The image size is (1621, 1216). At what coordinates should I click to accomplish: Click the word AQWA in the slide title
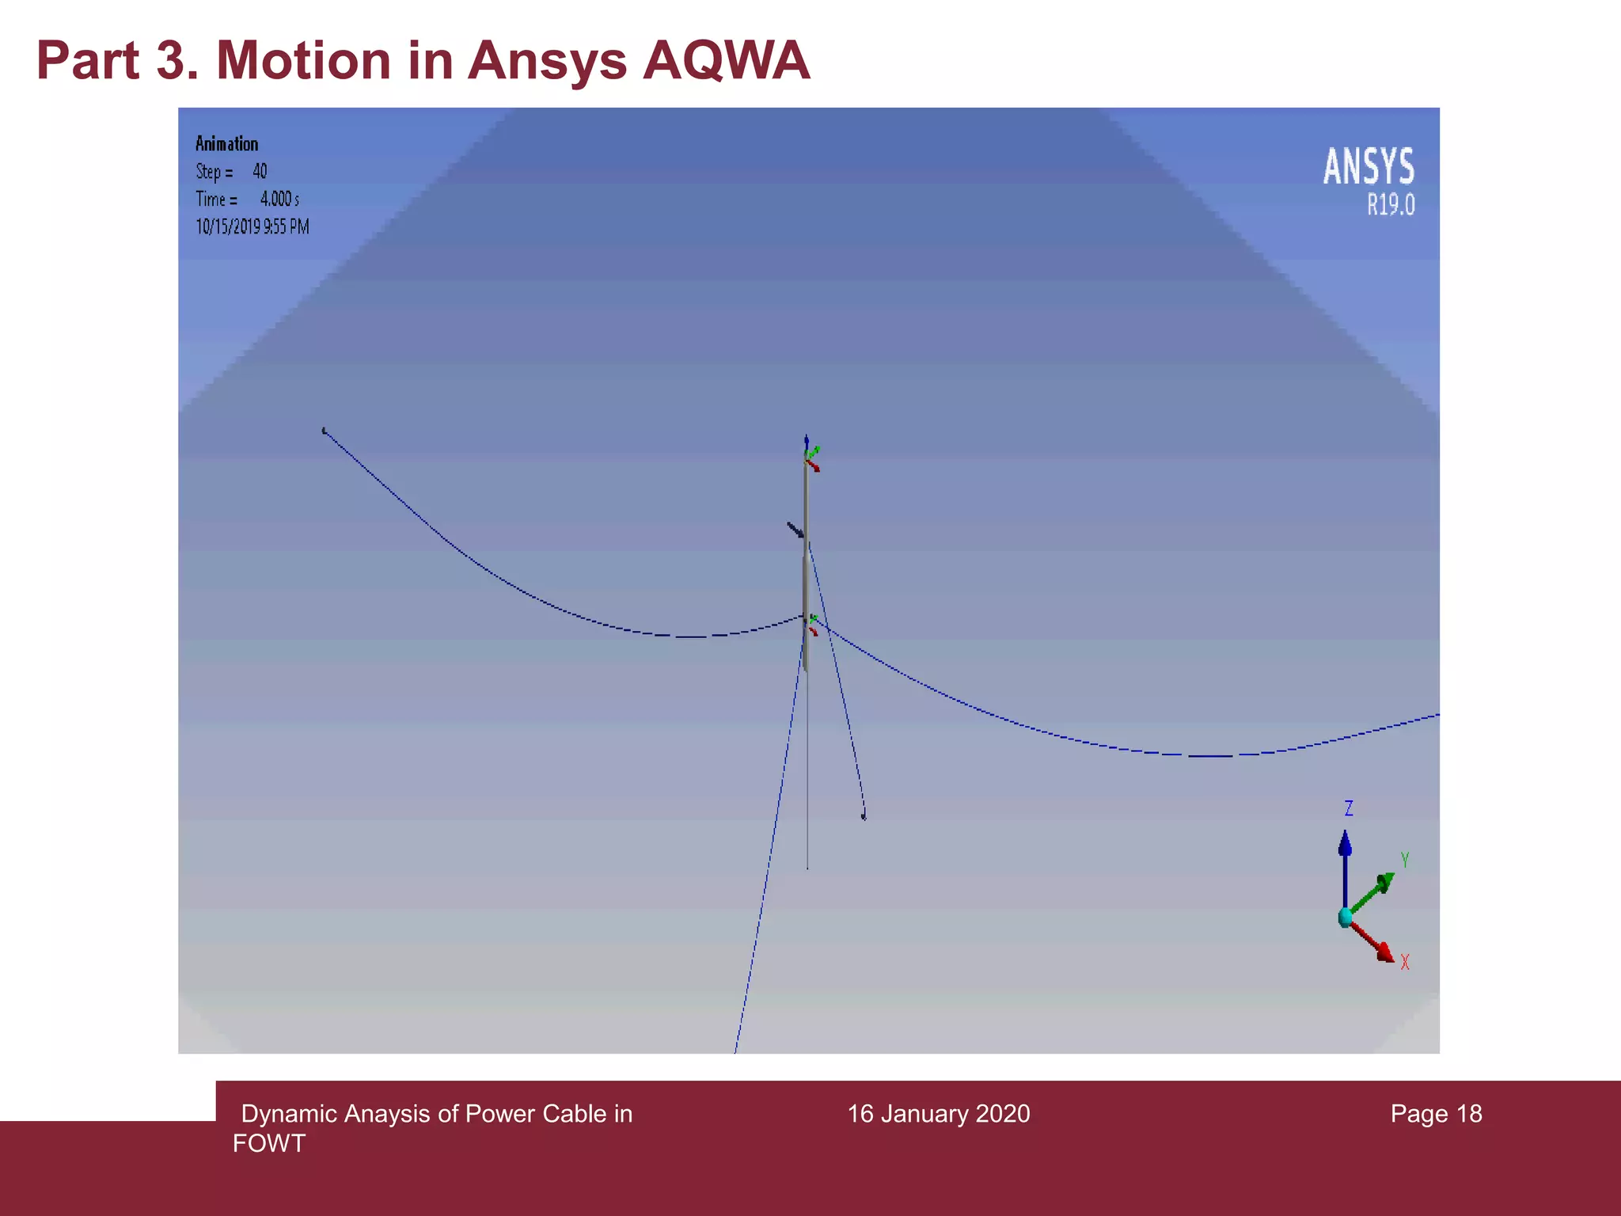click(726, 60)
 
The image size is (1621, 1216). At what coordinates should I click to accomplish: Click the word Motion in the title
click(303, 60)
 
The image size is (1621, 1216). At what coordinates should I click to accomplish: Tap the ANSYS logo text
click(1369, 167)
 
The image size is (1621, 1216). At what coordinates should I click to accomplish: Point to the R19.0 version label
click(1391, 206)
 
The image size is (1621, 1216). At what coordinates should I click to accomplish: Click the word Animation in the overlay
click(226, 144)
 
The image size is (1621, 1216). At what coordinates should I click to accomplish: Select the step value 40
click(260, 172)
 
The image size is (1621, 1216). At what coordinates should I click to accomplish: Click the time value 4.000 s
click(279, 199)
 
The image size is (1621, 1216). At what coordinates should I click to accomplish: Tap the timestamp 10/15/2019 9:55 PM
click(252, 227)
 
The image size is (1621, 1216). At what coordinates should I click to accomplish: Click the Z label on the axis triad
click(1349, 808)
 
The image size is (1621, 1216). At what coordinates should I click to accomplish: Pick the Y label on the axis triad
click(1405, 860)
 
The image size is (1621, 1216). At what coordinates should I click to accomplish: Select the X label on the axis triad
click(1405, 962)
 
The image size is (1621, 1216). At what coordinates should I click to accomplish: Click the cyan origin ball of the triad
click(1345, 918)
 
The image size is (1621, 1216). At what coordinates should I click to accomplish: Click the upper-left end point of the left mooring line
click(324, 431)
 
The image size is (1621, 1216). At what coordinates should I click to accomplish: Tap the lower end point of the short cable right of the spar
click(864, 815)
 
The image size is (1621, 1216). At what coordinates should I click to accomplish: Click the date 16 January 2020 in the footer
click(939, 1114)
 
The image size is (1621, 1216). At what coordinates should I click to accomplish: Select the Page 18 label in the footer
click(1436, 1114)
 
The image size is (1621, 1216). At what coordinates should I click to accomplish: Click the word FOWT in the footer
click(269, 1143)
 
